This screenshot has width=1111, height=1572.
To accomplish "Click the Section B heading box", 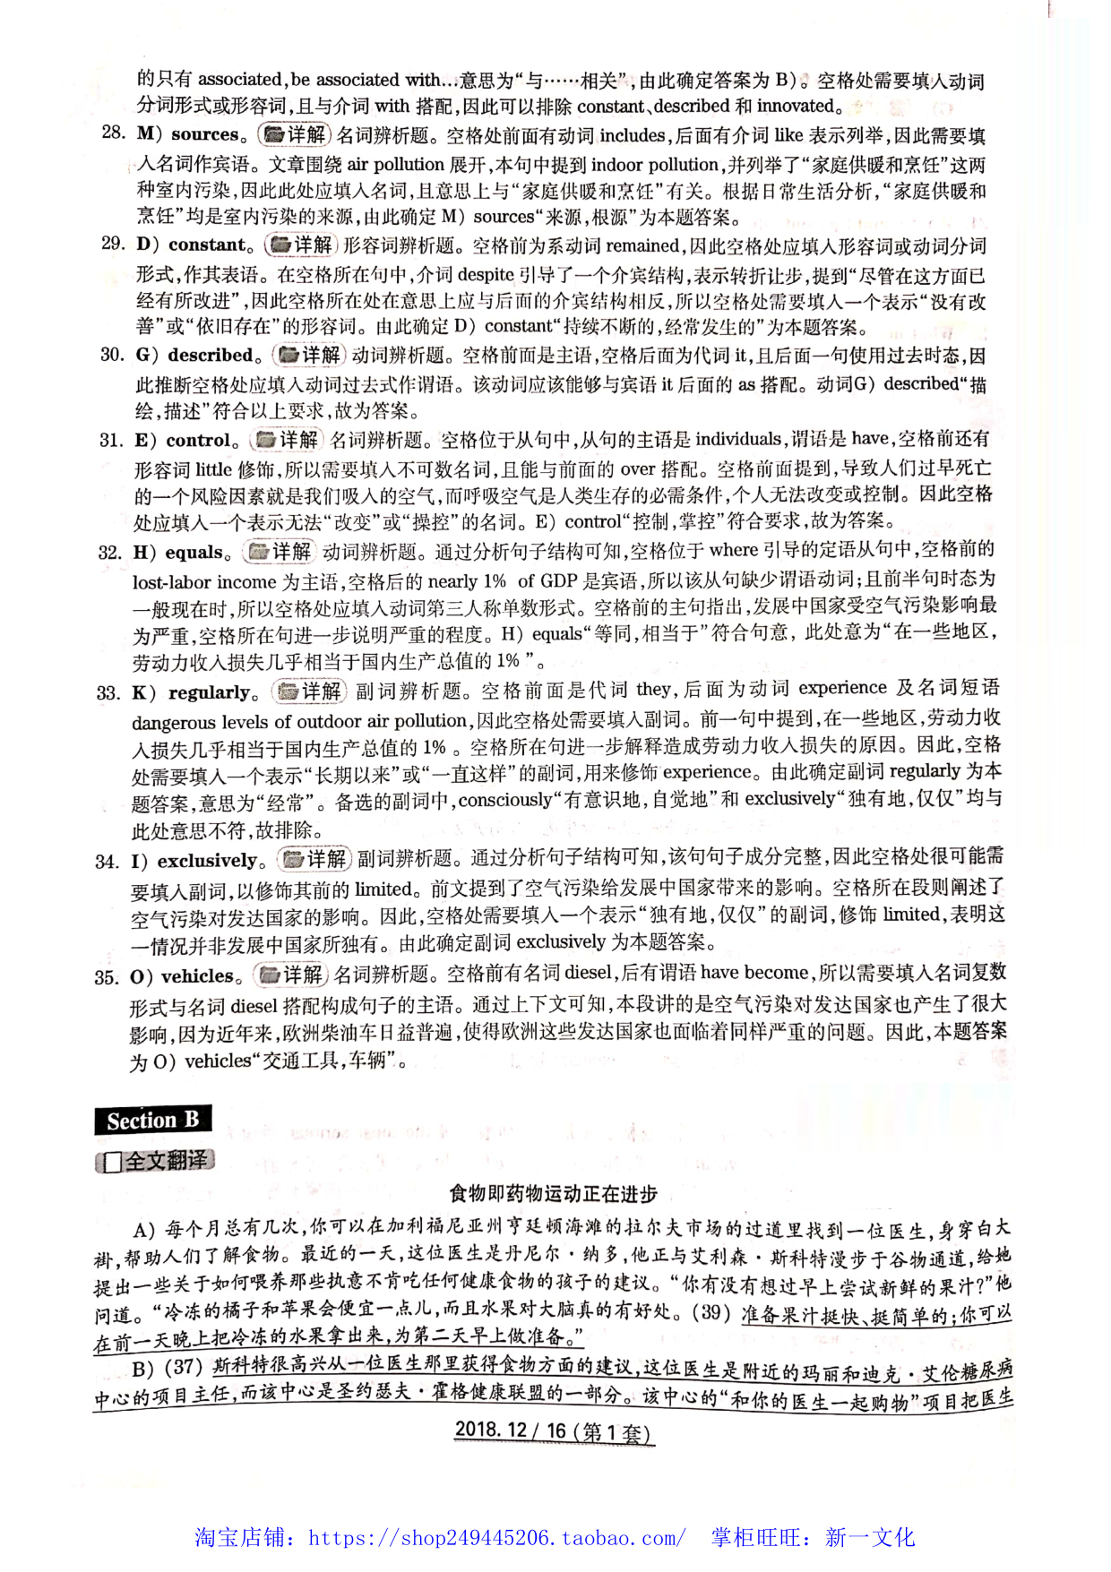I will coord(151,1120).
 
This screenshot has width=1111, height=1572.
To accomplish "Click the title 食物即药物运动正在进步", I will coord(553,1193).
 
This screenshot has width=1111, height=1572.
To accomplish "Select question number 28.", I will coord(113,133).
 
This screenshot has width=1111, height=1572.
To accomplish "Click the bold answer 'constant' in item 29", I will coord(206,245).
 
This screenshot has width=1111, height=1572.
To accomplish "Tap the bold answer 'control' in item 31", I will coord(198,440).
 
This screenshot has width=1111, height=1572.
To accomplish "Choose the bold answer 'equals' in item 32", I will coord(194,552).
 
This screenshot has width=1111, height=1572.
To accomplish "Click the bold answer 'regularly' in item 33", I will coord(209,692).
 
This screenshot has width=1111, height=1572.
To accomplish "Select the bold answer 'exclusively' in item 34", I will coord(207,861).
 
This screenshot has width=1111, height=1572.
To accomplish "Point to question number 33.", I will coord(108,692).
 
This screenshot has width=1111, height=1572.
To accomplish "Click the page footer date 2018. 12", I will coord(490,1429).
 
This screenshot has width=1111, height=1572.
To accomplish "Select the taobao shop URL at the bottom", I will coord(497,1538).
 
